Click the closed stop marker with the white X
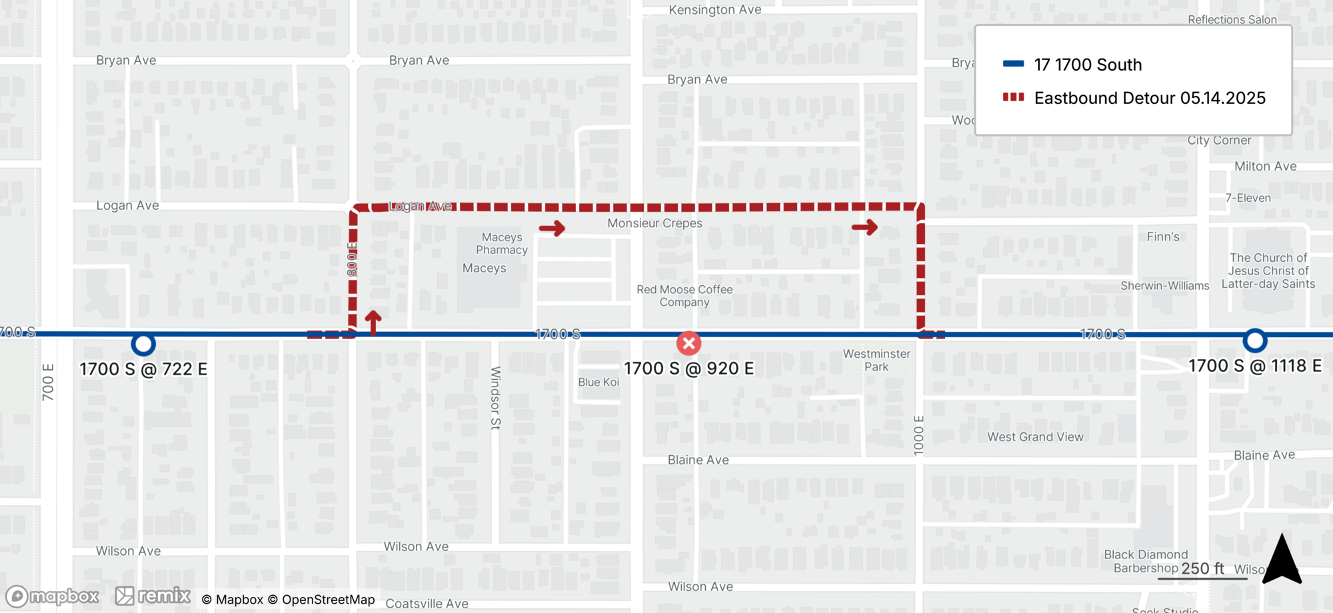688,343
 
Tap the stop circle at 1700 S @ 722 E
143,344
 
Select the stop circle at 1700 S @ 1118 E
1255,340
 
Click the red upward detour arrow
373,322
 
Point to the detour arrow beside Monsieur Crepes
552,229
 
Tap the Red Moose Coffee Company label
684,296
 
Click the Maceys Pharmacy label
502,243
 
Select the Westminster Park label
876,360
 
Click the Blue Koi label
599,382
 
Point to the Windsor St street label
495,397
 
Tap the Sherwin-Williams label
1164,286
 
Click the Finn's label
1163,237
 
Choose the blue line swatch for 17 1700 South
1013,64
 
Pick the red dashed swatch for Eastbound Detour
1013,97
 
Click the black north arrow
1282,560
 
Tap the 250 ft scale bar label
1202,568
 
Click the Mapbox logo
53,596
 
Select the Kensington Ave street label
714,10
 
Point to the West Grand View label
1035,437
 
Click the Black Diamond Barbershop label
1145,561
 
